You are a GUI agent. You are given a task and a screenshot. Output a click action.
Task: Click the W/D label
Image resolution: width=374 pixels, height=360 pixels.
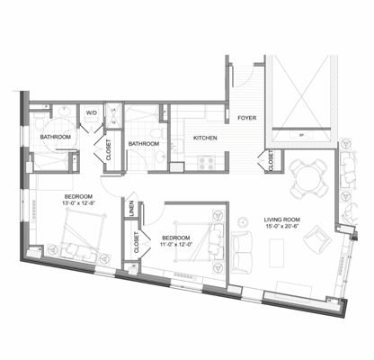(91, 112)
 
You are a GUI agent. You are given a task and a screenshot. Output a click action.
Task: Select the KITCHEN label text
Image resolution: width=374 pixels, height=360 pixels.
(206, 138)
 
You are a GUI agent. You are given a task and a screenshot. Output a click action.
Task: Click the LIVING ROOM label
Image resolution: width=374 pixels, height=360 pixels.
(281, 220)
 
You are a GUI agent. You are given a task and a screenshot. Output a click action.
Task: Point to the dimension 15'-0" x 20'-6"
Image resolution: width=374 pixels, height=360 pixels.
(281, 228)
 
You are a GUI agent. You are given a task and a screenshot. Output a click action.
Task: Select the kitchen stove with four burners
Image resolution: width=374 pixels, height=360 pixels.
(204, 163)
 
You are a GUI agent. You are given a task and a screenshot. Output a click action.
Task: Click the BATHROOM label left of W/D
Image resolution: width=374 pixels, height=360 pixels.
(56, 137)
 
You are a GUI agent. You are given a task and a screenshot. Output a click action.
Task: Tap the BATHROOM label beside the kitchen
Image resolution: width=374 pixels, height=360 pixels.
(144, 143)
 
